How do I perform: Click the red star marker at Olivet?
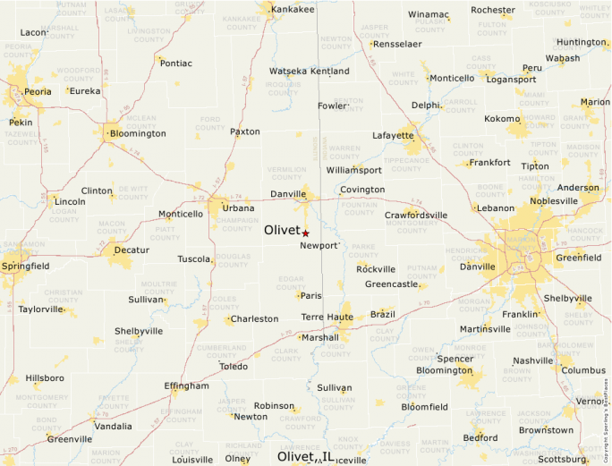[x=305, y=233]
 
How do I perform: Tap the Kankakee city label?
[x=293, y=10]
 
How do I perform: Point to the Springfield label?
[x=25, y=266]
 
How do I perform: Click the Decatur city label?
[x=132, y=250]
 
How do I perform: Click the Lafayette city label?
[x=394, y=136]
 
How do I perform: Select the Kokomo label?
[x=502, y=119]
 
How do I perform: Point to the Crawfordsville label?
[x=415, y=216]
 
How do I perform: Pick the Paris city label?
[x=310, y=296]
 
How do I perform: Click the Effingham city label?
[x=187, y=386]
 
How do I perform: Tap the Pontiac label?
[x=175, y=64]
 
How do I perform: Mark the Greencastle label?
[x=391, y=284]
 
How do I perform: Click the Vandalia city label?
[x=114, y=427]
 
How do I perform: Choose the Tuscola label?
[x=193, y=259]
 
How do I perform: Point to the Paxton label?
[x=245, y=131]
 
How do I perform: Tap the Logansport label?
[x=511, y=80]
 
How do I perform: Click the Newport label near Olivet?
[x=319, y=245]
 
